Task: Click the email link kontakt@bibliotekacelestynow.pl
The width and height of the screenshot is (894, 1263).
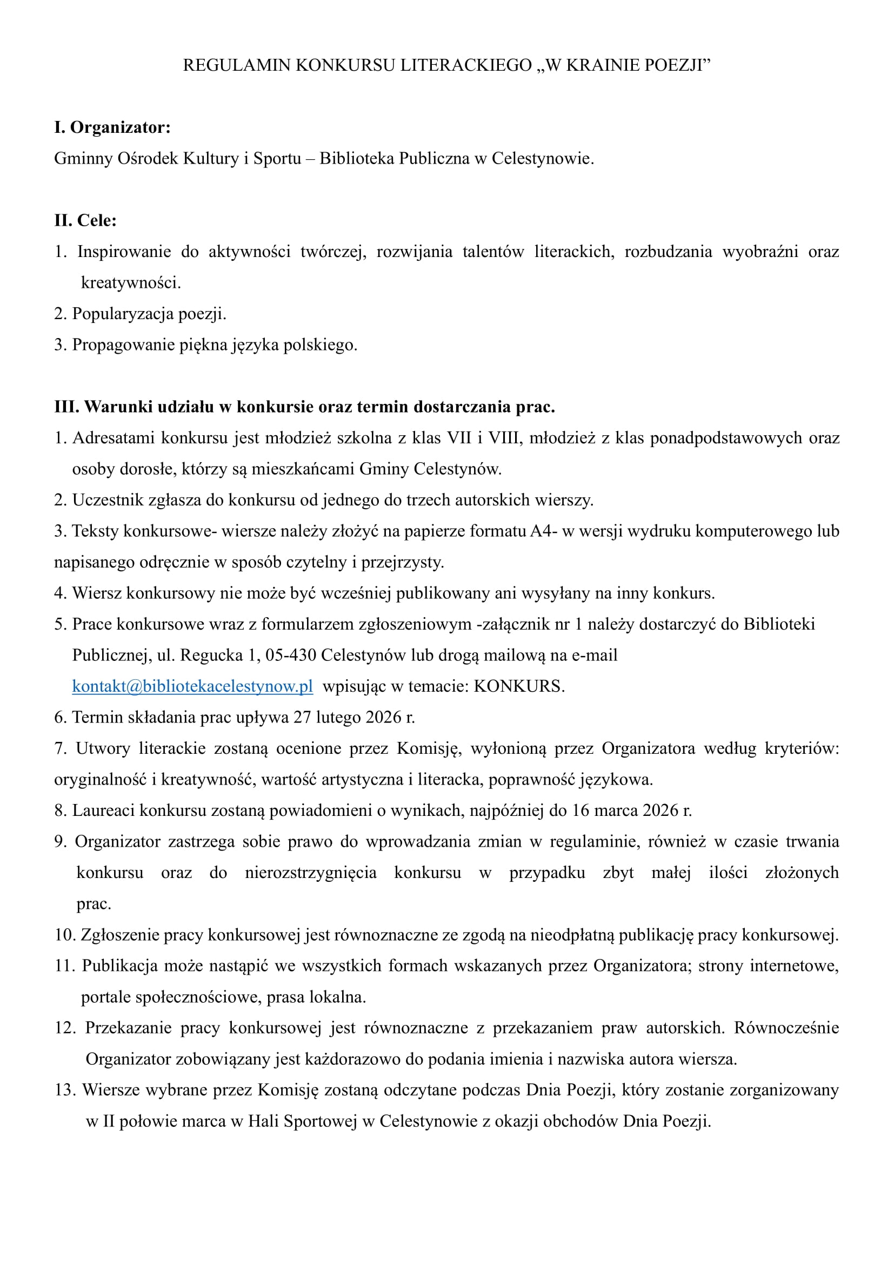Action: click(x=192, y=686)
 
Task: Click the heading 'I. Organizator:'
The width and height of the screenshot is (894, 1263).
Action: click(x=112, y=127)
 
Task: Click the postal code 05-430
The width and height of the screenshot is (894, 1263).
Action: click(x=290, y=655)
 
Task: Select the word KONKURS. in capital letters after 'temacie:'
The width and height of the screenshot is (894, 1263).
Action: click(x=519, y=686)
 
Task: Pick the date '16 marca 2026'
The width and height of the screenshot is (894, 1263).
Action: click(x=625, y=811)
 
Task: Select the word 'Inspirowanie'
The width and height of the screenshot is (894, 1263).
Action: click(x=124, y=252)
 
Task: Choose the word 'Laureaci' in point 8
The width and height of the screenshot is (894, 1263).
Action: click(x=103, y=811)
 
